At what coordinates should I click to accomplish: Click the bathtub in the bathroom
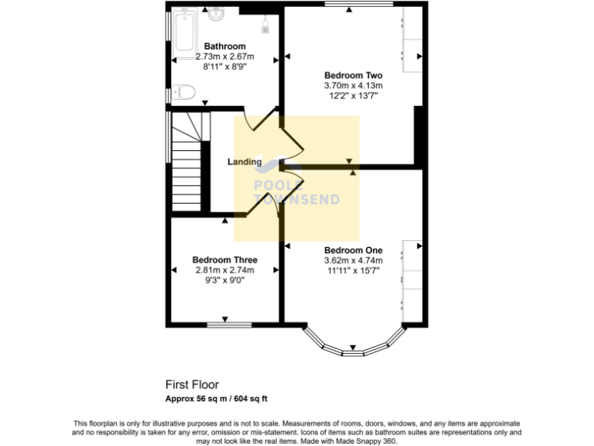click(x=186, y=32)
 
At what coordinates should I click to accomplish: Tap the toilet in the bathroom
click(x=183, y=94)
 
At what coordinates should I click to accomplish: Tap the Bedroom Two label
click(x=353, y=75)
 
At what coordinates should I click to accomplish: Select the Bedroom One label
click(x=353, y=250)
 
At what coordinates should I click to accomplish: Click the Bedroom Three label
click(x=224, y=260)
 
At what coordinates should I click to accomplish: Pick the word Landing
click(x=244, y=163)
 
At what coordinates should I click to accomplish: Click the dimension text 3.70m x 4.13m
click(x=353, y=85)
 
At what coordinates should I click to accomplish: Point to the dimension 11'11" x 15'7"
click(x=353, y=271)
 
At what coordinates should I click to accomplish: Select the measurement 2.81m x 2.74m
click(x=224, y=270)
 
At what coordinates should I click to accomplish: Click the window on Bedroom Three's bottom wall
click(x=225, y=324)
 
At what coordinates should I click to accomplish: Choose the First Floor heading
click(x=192, y=384)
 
